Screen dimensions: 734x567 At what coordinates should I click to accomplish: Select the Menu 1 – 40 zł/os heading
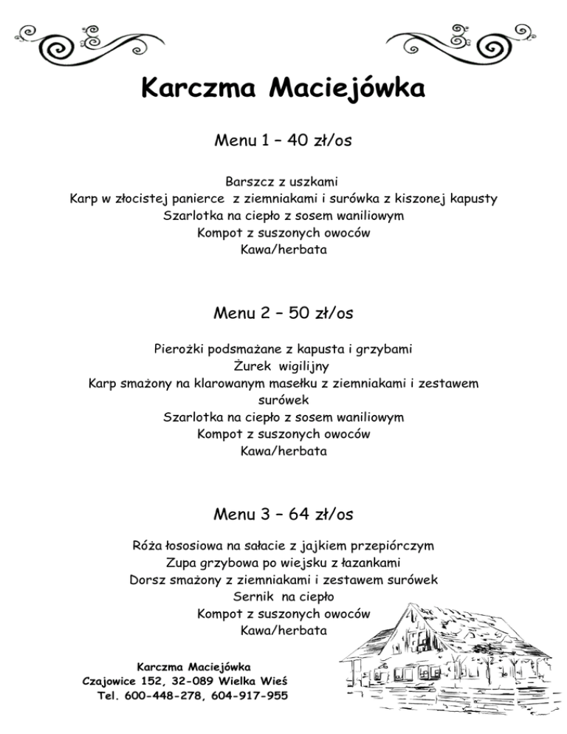283,140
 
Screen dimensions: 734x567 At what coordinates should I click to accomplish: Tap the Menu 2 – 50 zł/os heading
283,313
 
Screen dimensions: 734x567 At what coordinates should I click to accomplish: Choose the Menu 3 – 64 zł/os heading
283,512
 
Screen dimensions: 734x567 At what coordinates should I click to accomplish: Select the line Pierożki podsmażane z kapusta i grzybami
283,348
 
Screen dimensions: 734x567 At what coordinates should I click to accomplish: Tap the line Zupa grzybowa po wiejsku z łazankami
283,563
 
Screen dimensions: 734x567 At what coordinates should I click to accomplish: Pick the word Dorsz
148,580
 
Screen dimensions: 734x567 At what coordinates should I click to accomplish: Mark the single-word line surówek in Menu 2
283,399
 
